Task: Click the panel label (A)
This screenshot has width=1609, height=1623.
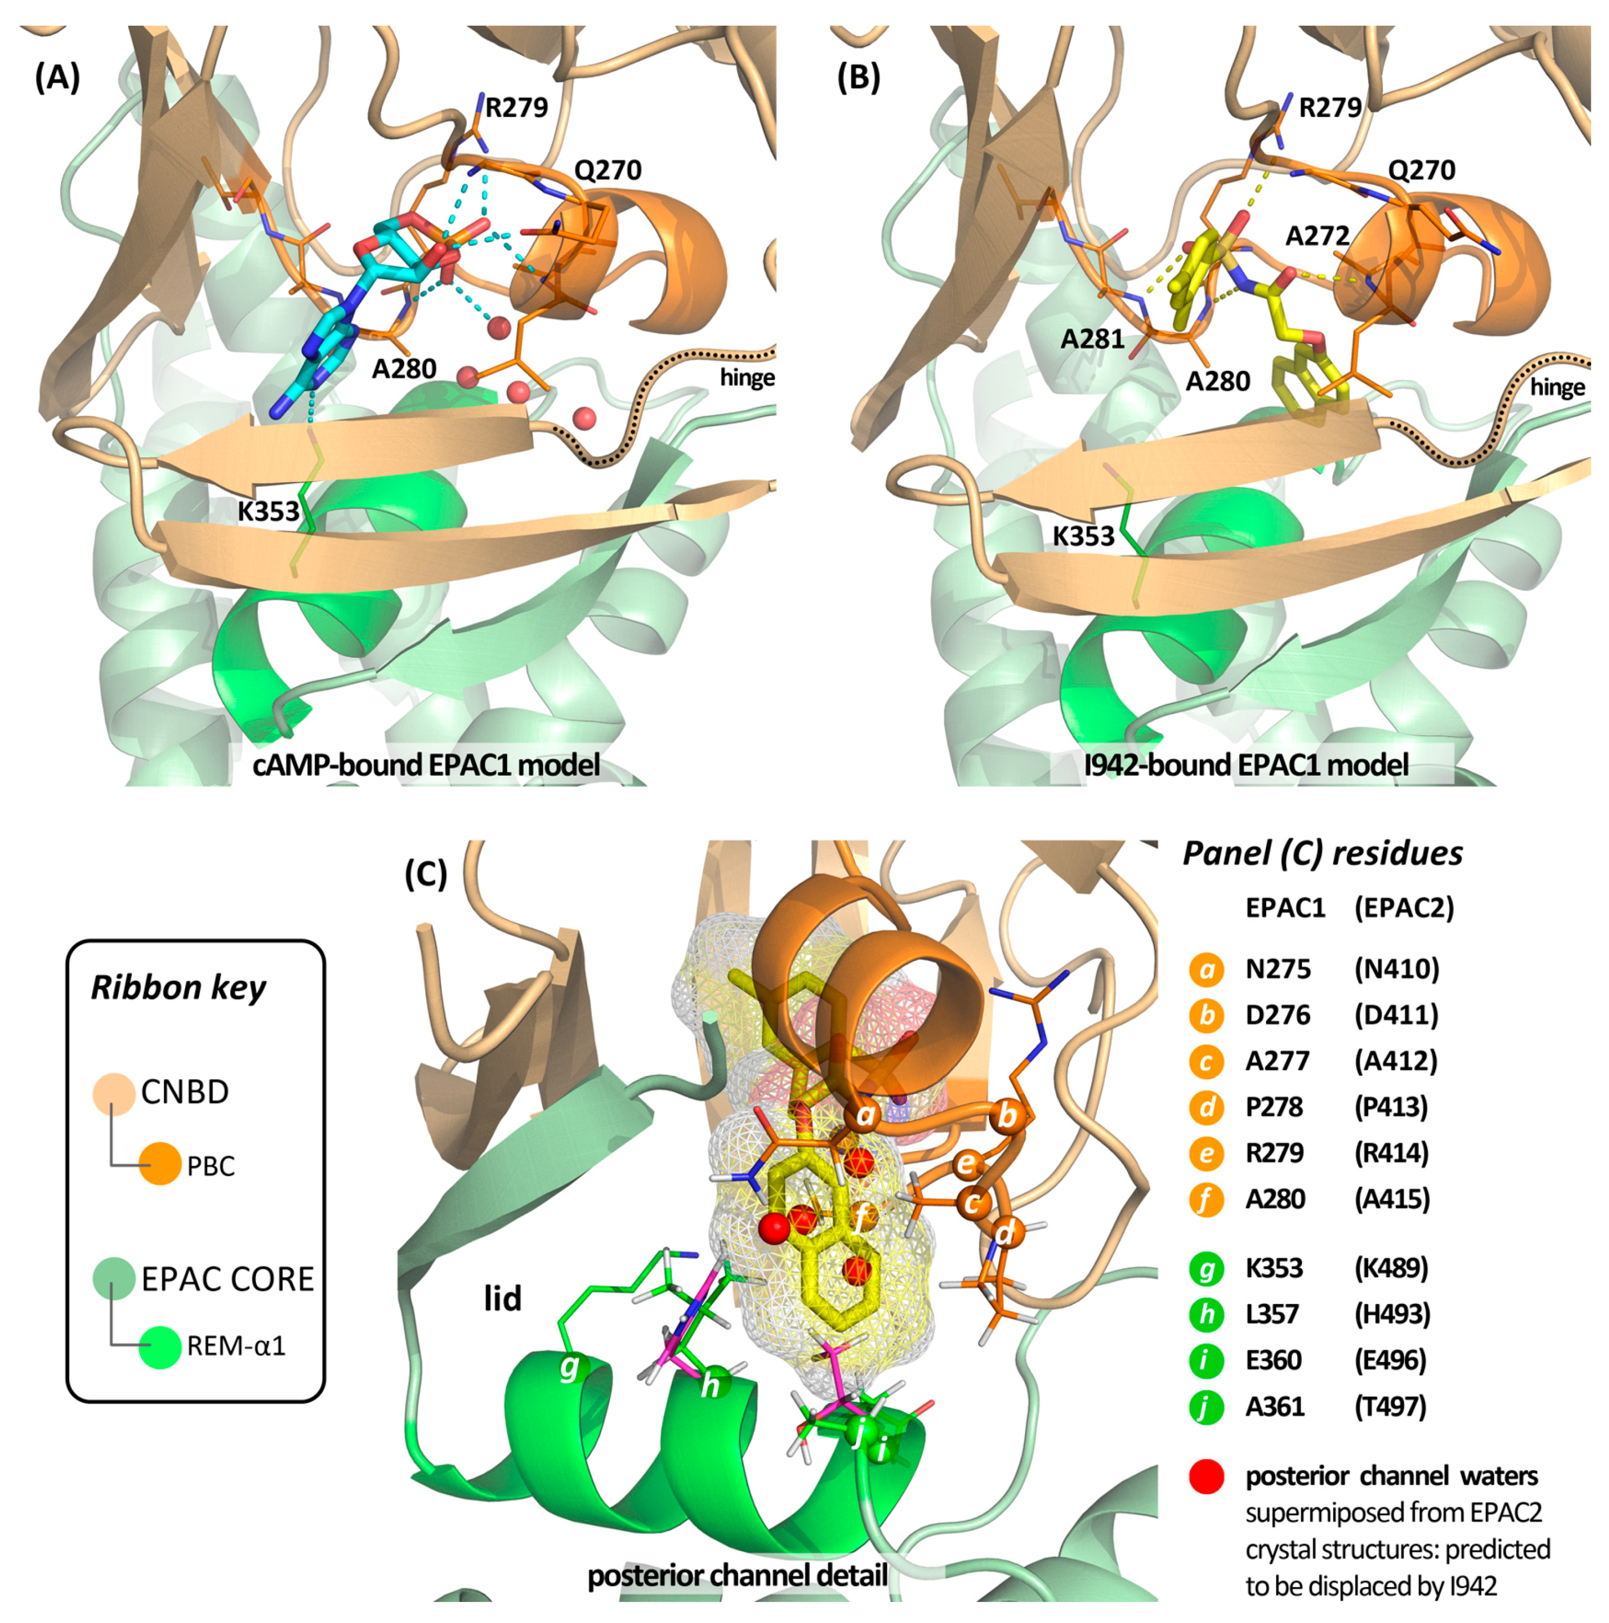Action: pyautogui.click(x=57, y=78)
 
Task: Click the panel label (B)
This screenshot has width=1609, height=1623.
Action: pyautogui.click(x=858, y=78)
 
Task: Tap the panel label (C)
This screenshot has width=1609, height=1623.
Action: pyautogui.click(x=426, y=875)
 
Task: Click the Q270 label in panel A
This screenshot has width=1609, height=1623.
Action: pyautogui.click(x=607, y=170)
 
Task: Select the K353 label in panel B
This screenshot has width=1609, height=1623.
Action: pyautogui.click(x=1083, y=536)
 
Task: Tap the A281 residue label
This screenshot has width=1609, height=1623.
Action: pyautogui.click(x=1092, y=339)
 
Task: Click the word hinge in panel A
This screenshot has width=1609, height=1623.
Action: pyautogui.click(x=746, y=378)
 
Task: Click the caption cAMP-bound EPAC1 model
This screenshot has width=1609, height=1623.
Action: pyautogui.click(x=427, y=765)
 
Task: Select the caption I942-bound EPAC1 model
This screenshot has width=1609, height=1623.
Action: pyautogui.click(x=1246, y=765)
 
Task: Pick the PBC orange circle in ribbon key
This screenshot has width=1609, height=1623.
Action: pyautogui.click(x=160, y=1165)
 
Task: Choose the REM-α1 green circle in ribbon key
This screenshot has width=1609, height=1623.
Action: pyautogui.click(x=160, y=1346)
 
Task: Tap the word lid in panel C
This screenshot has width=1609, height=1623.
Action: pyautogui.click(x=502, y=1299)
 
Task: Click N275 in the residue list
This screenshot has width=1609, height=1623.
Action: pyautogui.click(x=1277, y=969)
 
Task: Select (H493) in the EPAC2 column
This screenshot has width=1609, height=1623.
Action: pyautogui.click(x=1391, y=1314)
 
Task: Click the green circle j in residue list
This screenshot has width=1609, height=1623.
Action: pyautogui.click(x=1206, y=1406)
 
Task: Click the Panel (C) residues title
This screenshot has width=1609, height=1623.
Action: pyautogui.click(x=1322, y=854)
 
